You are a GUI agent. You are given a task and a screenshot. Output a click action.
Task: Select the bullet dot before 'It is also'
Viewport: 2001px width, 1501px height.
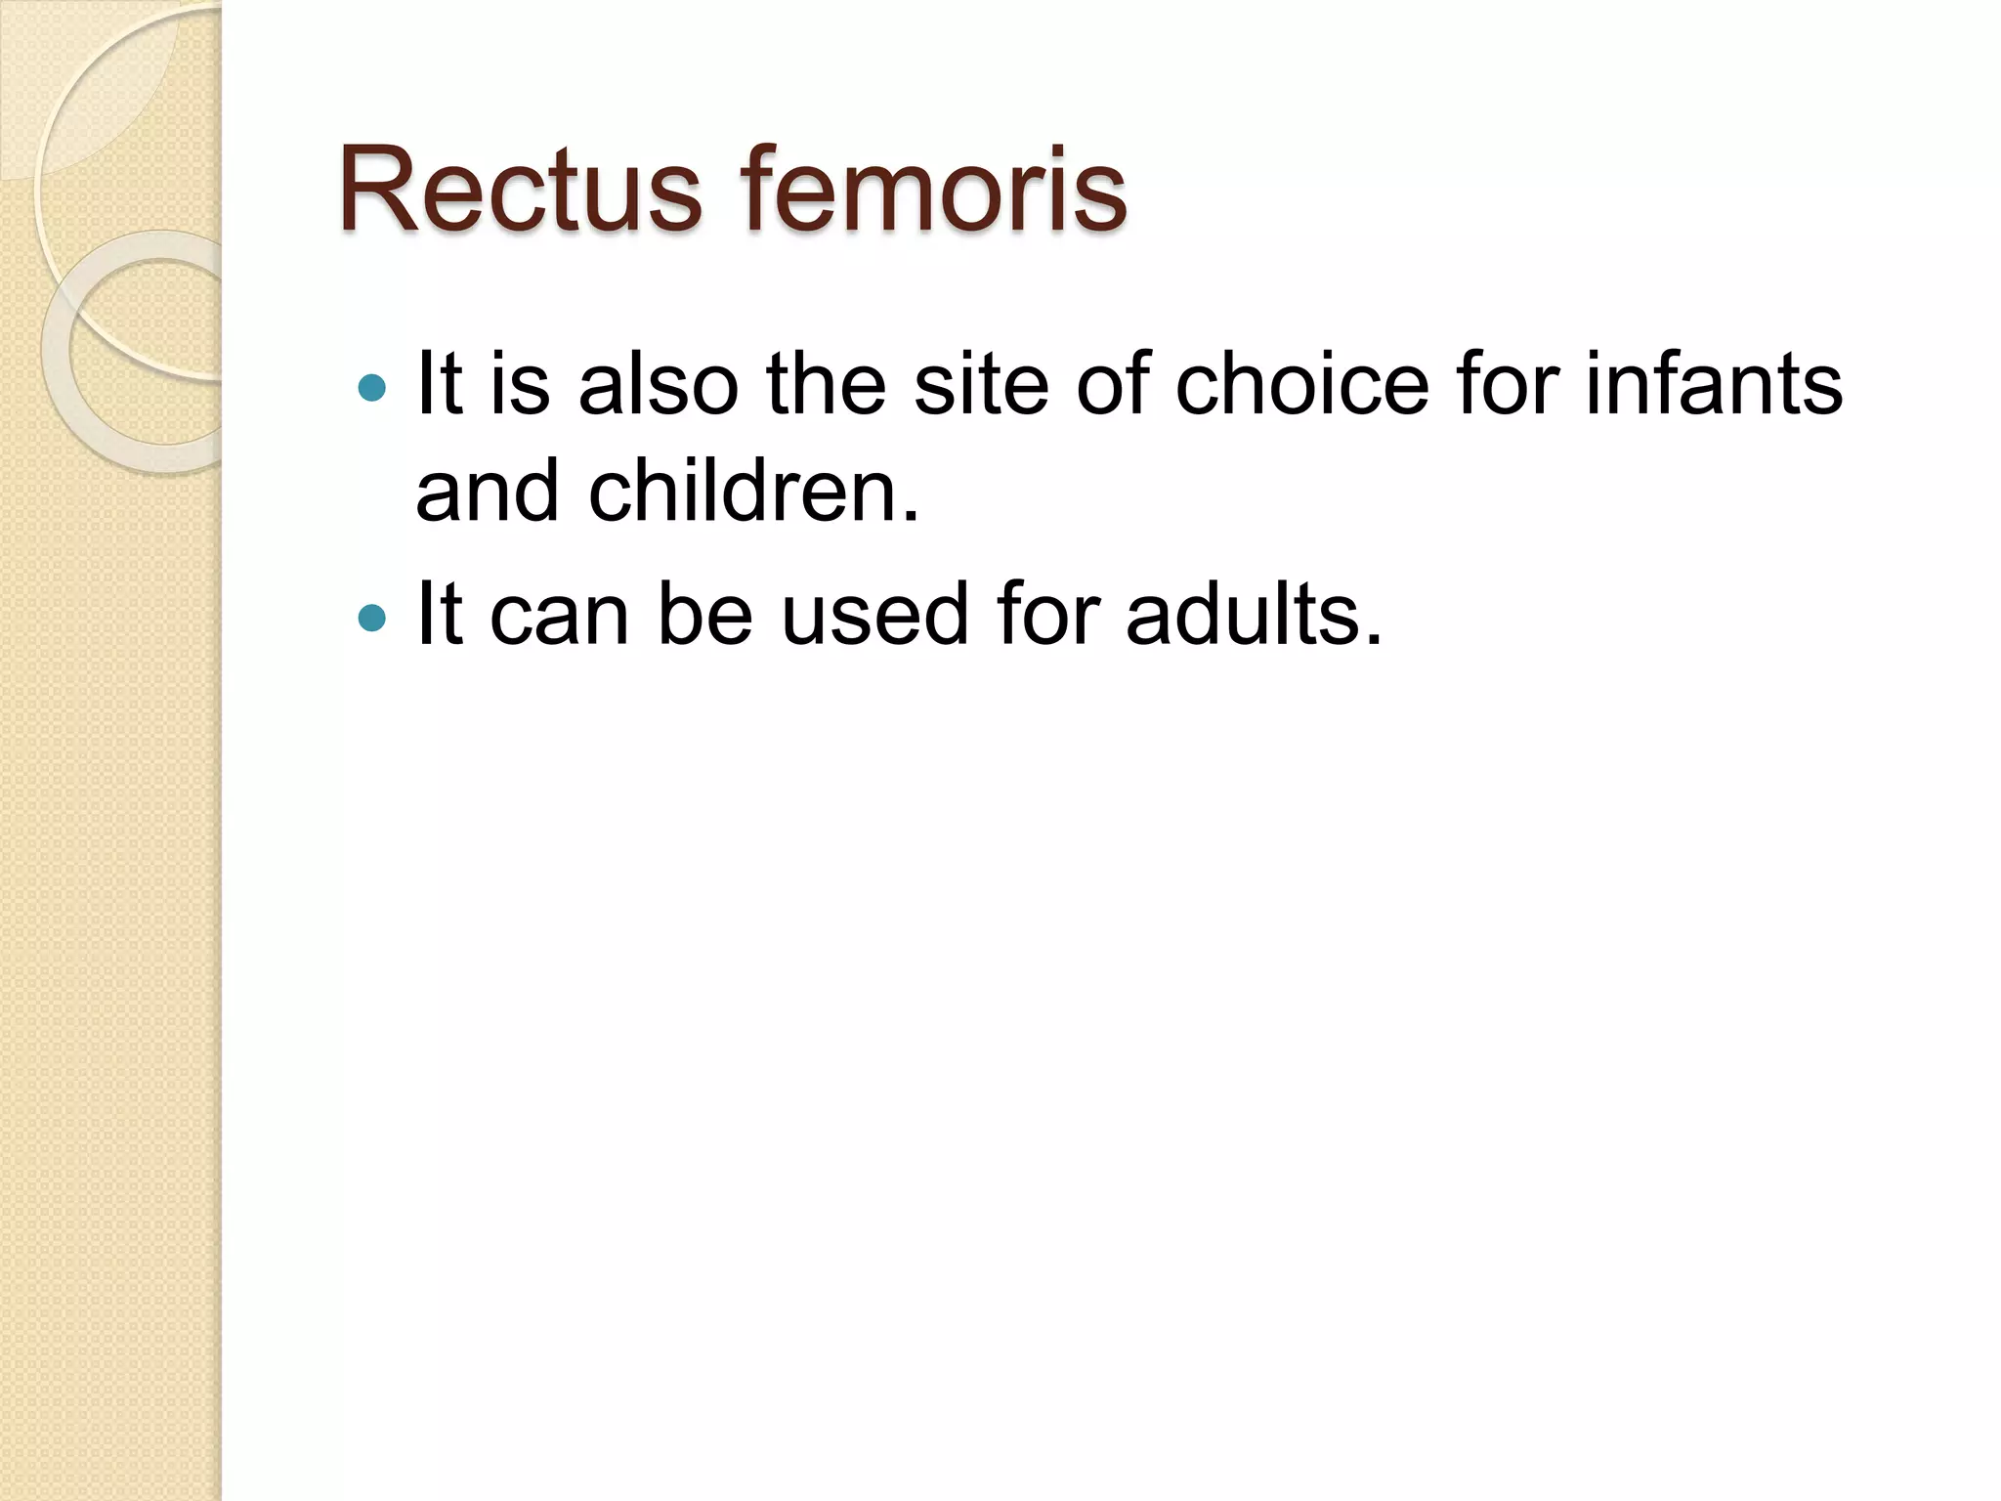tap(372, 389)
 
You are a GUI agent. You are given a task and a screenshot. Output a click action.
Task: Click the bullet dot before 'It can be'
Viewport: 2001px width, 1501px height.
tap(372, 618)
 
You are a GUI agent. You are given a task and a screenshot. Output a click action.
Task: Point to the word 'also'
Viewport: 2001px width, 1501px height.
tap(658, 385)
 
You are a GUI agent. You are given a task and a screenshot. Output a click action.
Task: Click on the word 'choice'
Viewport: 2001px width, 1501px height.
tap(1302, 385)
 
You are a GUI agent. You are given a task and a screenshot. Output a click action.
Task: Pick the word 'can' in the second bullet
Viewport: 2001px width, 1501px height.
tap(559, 616)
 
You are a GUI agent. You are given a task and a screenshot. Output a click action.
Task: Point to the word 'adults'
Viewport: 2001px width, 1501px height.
tap(1244, 616)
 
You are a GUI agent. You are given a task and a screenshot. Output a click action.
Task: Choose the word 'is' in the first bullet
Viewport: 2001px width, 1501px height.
tap(520, 385)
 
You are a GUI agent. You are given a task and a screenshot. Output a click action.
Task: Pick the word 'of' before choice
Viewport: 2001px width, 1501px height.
tap(1113, 385)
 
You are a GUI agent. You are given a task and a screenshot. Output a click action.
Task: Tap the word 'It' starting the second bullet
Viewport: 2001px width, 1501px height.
tap(439, 616)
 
